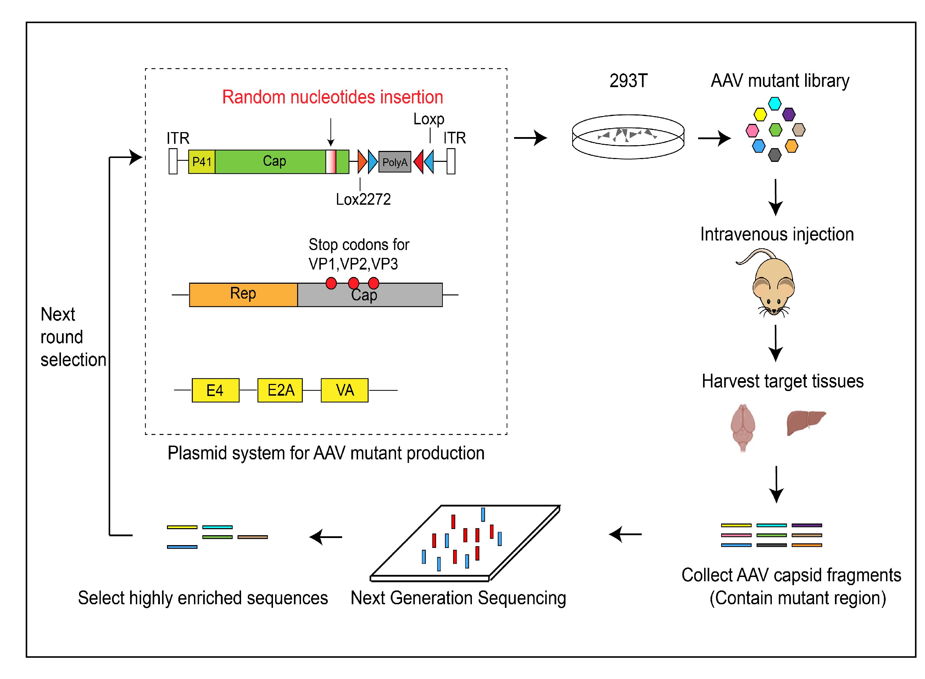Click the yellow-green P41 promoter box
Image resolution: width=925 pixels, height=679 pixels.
[201, 162]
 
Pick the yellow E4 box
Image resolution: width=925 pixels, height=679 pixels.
[215, 390]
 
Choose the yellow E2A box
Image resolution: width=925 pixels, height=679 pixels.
[280, 390]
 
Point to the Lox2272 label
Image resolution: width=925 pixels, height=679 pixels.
[363, 199]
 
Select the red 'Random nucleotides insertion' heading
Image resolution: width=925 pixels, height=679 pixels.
[332, 97]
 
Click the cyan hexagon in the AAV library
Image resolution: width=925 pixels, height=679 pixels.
[774, 103]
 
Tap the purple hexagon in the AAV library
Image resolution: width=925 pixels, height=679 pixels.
[789, 114]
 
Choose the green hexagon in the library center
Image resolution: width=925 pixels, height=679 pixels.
[775, 130]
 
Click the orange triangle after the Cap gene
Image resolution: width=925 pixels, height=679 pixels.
[362, 162]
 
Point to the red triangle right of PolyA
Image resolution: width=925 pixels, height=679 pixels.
[419, 162]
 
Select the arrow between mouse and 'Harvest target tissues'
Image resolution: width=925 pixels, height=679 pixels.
[775, 343]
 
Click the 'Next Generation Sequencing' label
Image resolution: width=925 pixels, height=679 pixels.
[458, 598]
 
